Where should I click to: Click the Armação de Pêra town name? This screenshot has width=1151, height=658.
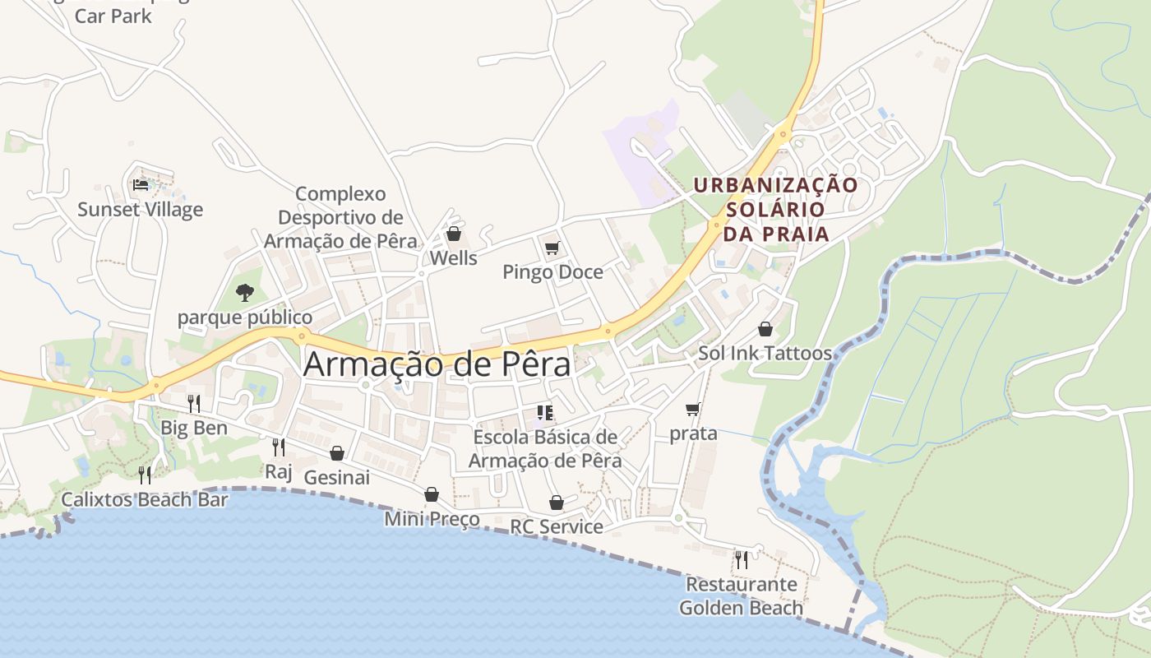coord(437,364)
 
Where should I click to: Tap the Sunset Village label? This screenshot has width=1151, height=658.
coord(140,210)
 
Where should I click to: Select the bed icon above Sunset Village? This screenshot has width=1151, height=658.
coord(141,184)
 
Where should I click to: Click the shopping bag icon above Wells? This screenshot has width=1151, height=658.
coord(453,234)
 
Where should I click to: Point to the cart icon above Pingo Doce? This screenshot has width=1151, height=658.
coord(552,248)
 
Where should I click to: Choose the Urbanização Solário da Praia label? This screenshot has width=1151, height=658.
coord(774,210)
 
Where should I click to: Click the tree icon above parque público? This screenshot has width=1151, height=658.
coord(244,292)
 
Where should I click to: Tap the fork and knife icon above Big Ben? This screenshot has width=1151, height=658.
coord(194,403)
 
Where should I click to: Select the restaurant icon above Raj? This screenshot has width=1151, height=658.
coord(279,447)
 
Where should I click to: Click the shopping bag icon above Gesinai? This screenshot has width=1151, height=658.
coord(336,453)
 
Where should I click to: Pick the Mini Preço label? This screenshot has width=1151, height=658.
coord(432,519)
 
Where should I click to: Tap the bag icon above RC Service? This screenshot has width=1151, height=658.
coord(557,502)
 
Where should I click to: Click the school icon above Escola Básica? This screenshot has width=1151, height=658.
coord(544,412)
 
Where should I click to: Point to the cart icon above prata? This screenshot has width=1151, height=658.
coord(693,409)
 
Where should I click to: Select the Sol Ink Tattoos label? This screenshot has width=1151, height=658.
coord(765,354)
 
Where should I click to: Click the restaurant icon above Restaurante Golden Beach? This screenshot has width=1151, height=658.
coord(742,560)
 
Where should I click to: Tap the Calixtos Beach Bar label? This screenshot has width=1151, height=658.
coord(145,500)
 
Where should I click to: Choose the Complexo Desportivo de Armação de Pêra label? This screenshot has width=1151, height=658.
coord(340,218)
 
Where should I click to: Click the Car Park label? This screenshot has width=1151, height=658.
coord(113,16)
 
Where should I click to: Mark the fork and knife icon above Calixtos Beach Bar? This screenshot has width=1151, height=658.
coord(145,475)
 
